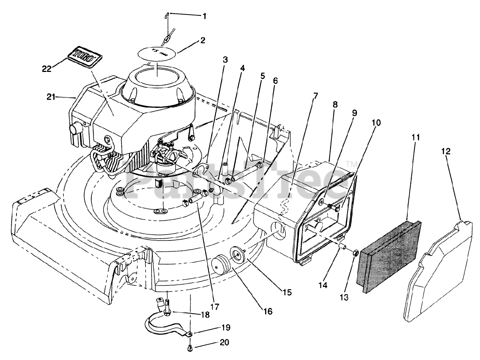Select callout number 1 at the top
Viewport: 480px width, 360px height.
coord(204,16)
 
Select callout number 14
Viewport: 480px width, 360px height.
coord(323,285)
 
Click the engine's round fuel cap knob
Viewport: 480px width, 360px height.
coord(75,130)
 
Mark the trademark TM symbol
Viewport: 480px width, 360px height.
coord(351,164)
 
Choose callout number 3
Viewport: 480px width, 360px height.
coord(225,59)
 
